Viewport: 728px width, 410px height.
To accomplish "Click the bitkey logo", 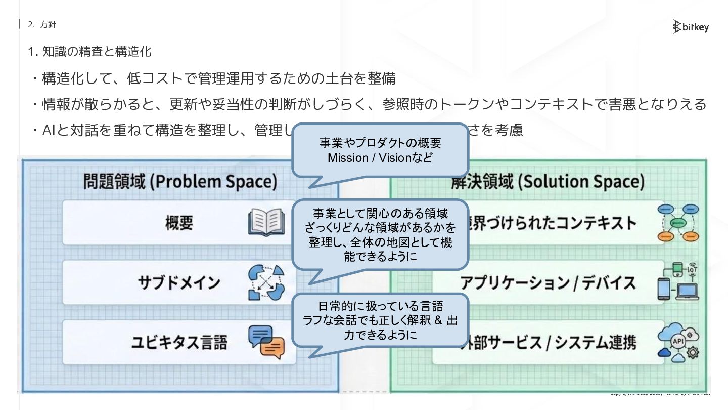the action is click(691, 27).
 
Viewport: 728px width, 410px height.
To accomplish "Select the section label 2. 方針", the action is click(42, 24).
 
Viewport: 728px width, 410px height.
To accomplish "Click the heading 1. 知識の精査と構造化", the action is click(89, 52).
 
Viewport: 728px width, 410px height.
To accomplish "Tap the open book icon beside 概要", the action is click(266, 223).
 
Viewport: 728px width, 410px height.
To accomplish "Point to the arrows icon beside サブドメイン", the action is click(266, 282).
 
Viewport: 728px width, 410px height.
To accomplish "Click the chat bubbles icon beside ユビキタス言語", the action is click(266, 342).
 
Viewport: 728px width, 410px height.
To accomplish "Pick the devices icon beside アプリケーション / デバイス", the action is click(678, 282).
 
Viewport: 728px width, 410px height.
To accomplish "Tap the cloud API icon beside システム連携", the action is click(678, 342).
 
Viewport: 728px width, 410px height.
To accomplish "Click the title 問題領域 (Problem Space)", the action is click(180, 182).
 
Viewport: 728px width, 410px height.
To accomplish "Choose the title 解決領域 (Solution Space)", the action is click(548, 182).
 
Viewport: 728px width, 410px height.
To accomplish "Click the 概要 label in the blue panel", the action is click(179, 223).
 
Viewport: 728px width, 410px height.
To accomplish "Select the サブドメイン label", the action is click(179, 282).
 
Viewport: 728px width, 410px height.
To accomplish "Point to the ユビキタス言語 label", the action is click(179, 342).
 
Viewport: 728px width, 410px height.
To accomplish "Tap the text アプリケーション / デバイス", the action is click(548, 282).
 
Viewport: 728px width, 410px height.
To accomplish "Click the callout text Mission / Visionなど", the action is click(380, 158).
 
